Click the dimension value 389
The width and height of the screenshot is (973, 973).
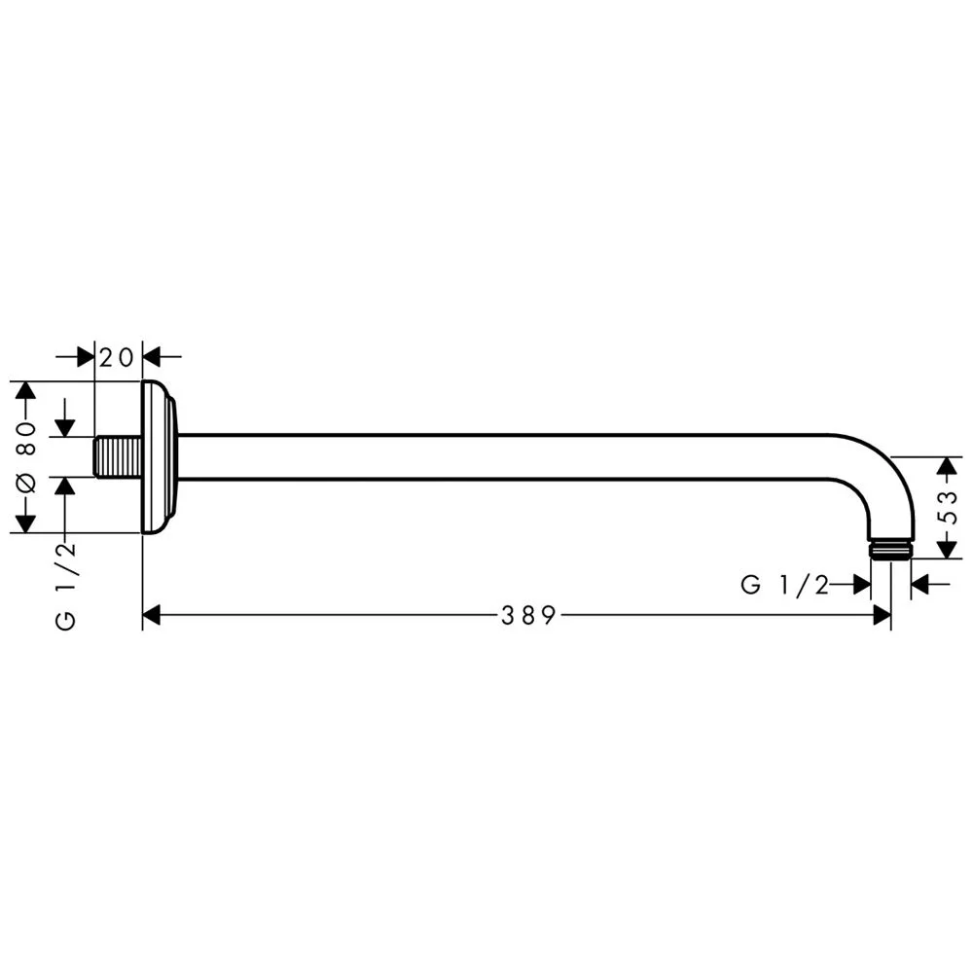point(527,615)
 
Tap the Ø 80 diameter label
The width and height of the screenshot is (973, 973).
point(26,457)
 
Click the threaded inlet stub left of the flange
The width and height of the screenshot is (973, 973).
point(119,457)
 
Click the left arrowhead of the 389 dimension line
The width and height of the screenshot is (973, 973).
point(152,615)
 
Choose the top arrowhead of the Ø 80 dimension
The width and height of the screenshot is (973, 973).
point(26,391)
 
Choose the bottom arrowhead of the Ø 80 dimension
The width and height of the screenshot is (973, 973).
point(26,523)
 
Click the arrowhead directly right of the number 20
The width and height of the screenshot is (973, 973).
point(154,357)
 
